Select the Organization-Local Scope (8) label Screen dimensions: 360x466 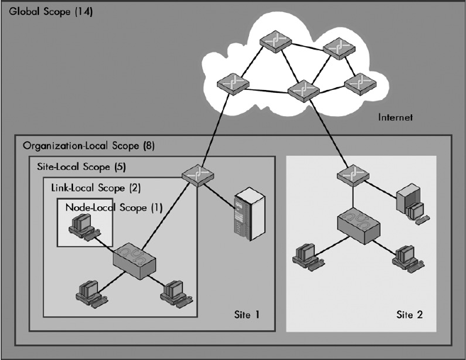pos(89,146)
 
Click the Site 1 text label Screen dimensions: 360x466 pos(246,313)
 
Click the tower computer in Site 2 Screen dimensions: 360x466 pos(410,202)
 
